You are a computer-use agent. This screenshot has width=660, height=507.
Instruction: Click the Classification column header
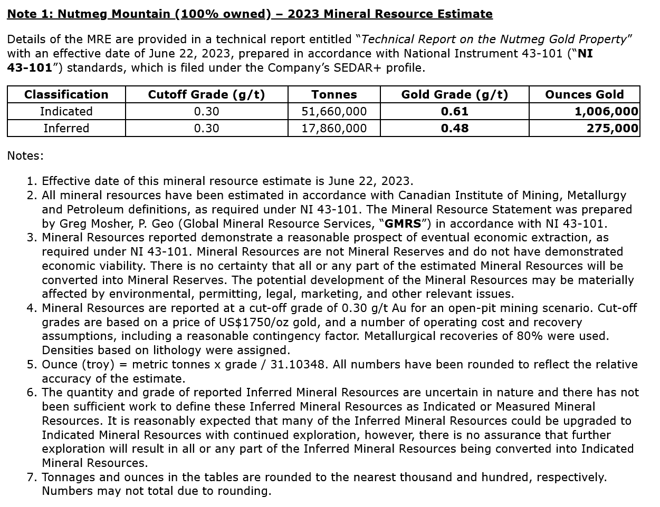click(x=66, y=95)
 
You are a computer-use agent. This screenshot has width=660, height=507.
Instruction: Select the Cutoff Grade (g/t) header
click(x=206, y=95)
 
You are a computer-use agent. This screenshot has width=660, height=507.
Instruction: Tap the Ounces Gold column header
click(x=584, y=95)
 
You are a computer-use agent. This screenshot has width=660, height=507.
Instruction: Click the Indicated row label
click(x=66, y=112)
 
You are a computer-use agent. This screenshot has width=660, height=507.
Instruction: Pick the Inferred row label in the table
click(x=66, y=129)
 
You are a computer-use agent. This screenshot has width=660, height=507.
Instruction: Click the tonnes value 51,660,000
click(x=334, y=112)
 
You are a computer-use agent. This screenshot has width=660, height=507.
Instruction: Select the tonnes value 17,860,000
click(x=334, y=129)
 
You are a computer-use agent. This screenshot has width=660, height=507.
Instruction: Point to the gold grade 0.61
click(x=454, y=112)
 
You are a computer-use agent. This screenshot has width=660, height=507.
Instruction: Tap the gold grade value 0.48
click(x=454, y=129)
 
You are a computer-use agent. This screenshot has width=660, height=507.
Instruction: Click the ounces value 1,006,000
click(x=606, y=112)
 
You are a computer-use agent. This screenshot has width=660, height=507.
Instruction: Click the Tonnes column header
click(x=334, y=95)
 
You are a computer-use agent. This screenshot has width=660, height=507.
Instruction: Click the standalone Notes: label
click(x=25, y=156)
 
